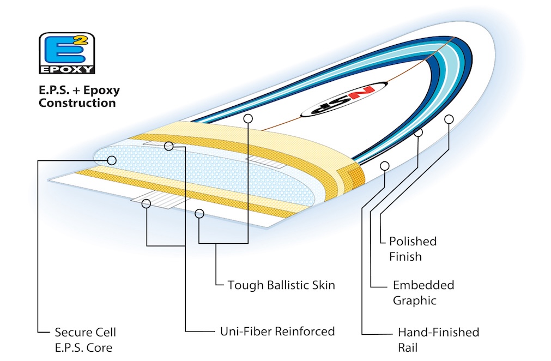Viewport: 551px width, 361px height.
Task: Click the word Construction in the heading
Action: (77, 103)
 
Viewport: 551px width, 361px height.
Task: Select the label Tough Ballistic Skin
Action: (281, 285)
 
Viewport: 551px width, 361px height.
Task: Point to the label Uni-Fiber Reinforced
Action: (277, 331)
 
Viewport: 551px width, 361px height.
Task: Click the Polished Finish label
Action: (413, 249)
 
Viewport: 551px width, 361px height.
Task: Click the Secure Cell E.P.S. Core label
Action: (85, 339)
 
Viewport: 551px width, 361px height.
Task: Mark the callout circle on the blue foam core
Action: (112, 160)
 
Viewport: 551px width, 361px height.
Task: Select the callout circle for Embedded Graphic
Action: (418, 132)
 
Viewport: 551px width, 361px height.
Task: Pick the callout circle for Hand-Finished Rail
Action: (385, 165)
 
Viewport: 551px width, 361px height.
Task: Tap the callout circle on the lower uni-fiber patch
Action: (146, 203)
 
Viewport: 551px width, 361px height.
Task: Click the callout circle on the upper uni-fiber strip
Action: (168, 146)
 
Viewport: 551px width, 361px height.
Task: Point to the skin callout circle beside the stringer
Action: (249, 118)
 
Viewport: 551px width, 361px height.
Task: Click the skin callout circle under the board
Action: (199, 214)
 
